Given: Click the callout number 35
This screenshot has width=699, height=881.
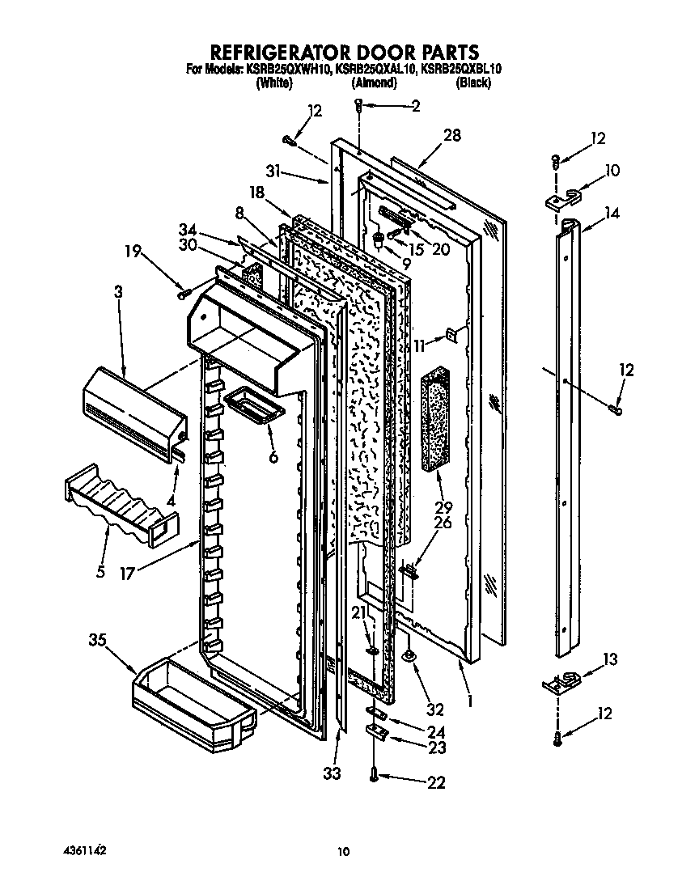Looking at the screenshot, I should (97, 641).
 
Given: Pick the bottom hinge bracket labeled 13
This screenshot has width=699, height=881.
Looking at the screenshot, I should (565, 682).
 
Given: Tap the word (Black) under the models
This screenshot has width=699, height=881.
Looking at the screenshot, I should (473, 83).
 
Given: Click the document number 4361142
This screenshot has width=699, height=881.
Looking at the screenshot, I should (84, 850).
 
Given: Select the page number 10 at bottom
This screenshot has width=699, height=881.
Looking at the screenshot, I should (344, 851).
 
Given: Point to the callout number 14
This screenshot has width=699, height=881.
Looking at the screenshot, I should (612, 214).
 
